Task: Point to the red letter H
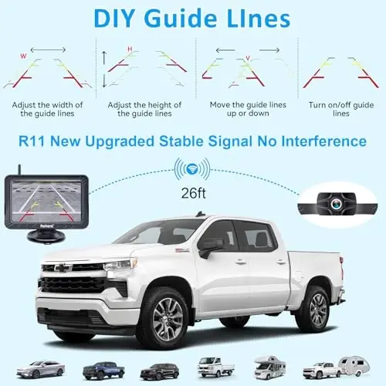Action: pos(129,50)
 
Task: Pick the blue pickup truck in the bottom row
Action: pos(105,370)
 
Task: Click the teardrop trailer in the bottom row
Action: pos(359,370)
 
